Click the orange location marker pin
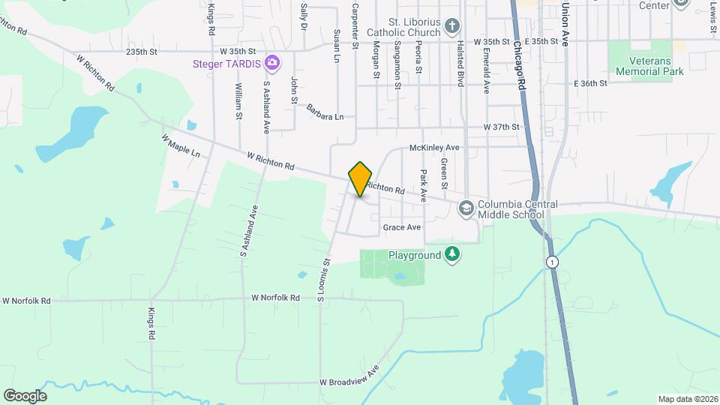tap(360, 178)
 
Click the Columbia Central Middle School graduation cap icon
tap(466, 208)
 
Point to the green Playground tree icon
tap(451, 255)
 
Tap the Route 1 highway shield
tap(552, 262)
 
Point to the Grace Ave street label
tap(402, 227)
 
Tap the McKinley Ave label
tap(433, 148)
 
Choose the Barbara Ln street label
tap(325, 112)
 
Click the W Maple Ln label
tap(181, 146)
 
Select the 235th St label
tap(142, 52)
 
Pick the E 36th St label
tap(590, 83)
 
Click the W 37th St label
tap(502, 127)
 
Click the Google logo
tap(25, 396)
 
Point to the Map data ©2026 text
tap(687, 399)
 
